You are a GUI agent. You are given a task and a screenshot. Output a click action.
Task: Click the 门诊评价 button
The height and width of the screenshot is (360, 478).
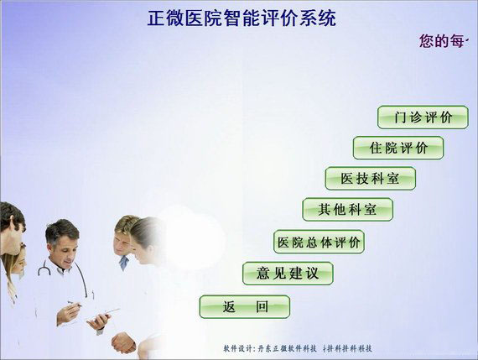click(x=422, y=117)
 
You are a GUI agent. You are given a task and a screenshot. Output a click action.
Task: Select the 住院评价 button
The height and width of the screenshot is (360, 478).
click(x=397, y=148)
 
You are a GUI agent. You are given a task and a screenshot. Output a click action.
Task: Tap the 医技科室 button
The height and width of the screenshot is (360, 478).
click(x=370, y=178)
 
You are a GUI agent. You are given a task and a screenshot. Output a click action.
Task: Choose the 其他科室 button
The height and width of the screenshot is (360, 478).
click(x=347, y=209)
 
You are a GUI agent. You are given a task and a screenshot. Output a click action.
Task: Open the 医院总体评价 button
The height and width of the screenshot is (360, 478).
click(x=319, y=242)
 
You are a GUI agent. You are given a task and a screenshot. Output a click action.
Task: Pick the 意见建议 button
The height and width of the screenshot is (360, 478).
click(x=288, y=273)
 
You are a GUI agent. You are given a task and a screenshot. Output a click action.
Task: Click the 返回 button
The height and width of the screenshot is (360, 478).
click(x=244, y=306)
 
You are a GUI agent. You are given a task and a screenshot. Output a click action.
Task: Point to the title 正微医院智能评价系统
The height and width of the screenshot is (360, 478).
click(x=242, y=18)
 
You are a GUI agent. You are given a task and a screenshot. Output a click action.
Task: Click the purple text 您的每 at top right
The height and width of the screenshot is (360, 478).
click(x=444, y=40)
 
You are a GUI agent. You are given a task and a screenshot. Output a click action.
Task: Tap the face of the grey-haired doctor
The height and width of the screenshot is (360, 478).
click(x=63, y=244)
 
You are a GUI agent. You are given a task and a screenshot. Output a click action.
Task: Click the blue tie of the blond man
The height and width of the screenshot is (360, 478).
click(x=123, y=262)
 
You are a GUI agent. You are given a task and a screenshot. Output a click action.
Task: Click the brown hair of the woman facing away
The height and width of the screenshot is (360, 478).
click(x=146, y=231)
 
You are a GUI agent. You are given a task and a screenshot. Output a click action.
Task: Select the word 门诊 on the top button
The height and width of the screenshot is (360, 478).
click(x=406, y=117)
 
